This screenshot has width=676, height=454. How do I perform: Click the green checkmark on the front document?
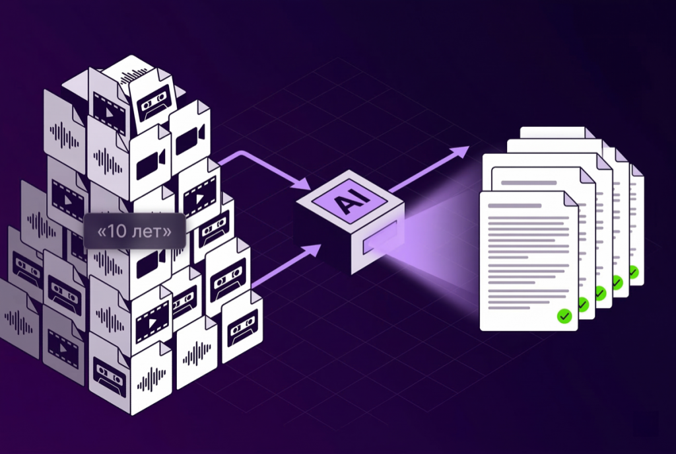pos(563,315)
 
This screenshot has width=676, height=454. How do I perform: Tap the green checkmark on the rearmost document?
pos(634,271)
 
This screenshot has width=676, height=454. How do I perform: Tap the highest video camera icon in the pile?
pos(188,137)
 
